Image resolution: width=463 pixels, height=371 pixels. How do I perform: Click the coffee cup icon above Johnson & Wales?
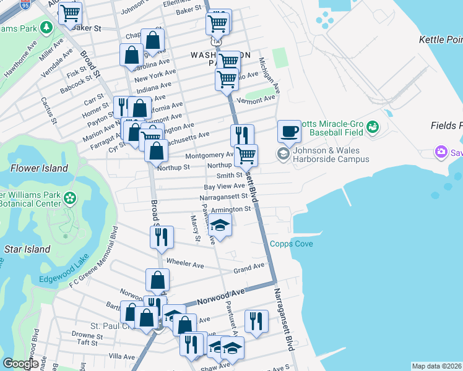point(289,131)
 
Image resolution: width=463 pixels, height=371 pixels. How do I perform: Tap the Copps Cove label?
point(291,244)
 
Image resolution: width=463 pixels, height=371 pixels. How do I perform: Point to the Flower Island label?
point(38,168)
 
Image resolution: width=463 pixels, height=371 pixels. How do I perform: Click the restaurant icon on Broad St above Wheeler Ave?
point(161,236)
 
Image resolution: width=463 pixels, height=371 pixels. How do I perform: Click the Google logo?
point(20,364)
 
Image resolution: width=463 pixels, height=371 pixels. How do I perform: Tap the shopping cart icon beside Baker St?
point(71,12)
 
